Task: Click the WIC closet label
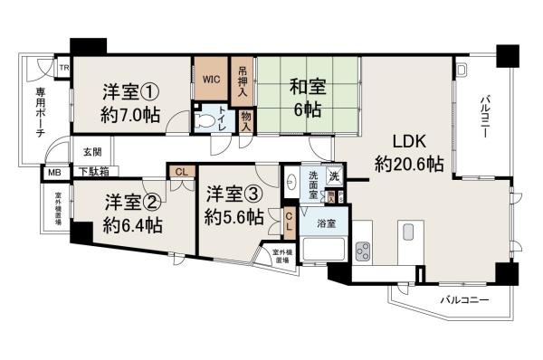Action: click(212, 79)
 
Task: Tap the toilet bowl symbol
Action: click(208, 118)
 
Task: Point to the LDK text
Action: click(408, 142)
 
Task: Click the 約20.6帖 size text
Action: click(409, 164)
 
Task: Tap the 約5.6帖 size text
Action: click(233, 217)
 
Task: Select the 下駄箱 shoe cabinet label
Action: click(93, 169)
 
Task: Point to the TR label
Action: click(64, 68)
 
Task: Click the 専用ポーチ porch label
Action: click(41, 113)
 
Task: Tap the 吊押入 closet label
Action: click(243, 80)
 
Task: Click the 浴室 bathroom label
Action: click(326, 223)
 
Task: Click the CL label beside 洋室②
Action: click(181, 171)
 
